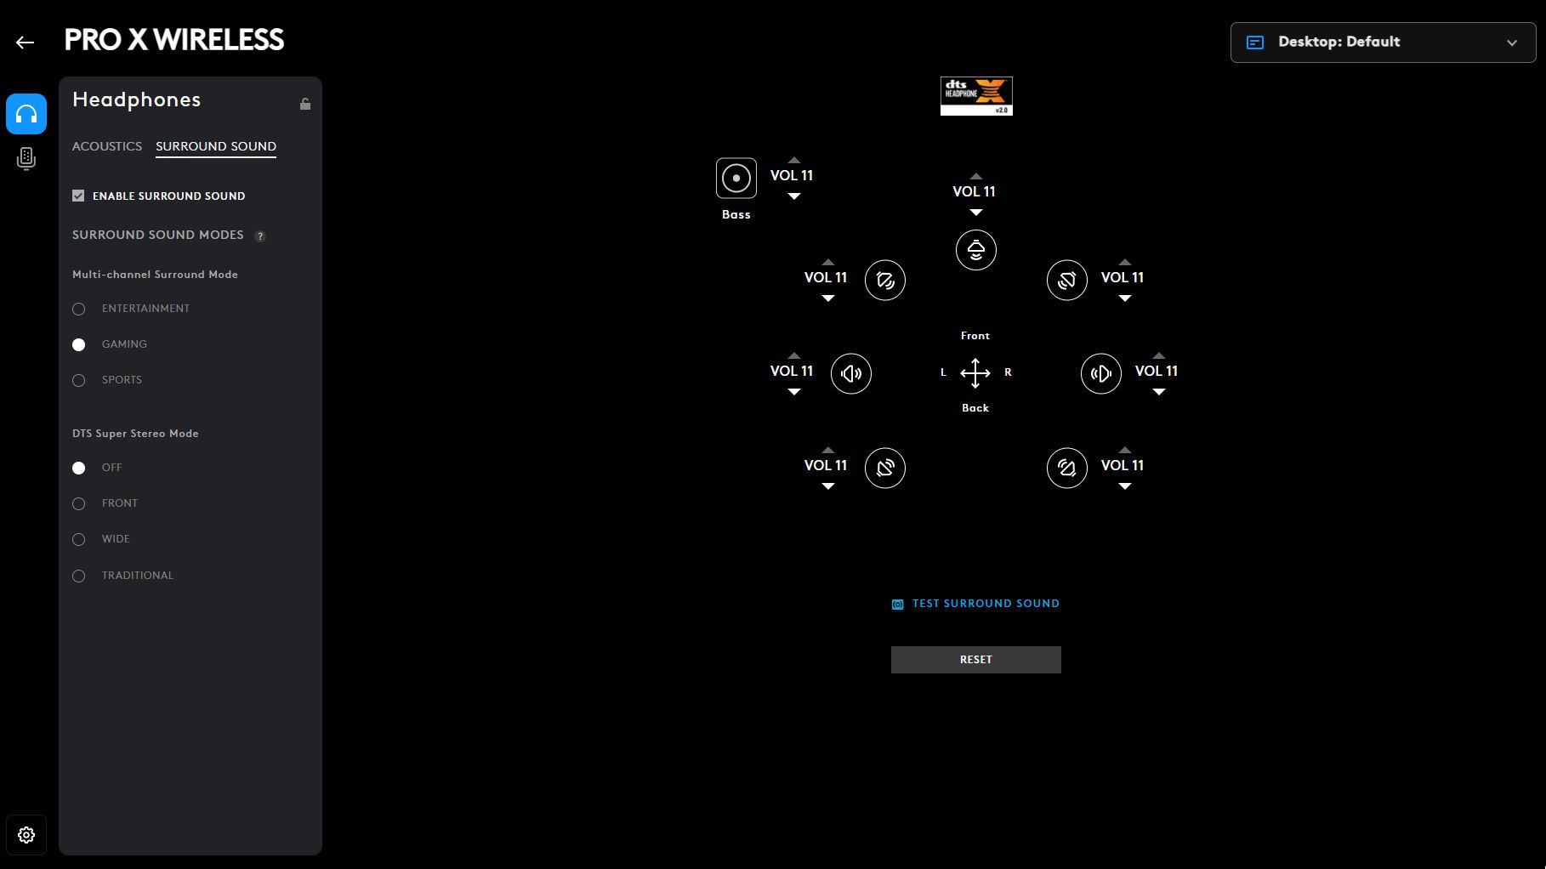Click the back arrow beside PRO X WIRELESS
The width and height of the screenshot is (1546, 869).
click(25, 43)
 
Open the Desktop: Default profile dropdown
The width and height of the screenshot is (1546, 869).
click(1383, 43)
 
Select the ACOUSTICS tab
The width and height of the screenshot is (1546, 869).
click(107, 146)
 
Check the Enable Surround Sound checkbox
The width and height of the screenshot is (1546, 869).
click(78, 196)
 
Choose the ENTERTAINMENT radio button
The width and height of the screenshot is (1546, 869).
click(79, 310)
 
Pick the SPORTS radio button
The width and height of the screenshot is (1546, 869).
click(79, 381)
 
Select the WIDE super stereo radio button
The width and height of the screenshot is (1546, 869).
click(79, 540)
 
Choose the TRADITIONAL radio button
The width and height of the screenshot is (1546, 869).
click(79, 576)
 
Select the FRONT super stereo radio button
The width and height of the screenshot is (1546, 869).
click(79, 504)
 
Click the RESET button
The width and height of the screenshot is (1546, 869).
click(975, 660)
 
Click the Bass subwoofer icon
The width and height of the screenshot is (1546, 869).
click(736, 179)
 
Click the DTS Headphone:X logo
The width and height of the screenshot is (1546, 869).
click(976, 96)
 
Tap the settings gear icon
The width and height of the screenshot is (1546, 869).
click(26, 835)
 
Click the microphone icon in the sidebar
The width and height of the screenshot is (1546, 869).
click(26, 159)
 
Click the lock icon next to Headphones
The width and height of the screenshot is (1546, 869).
click(305, 104)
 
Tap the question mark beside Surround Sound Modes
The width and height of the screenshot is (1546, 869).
click(260, 236)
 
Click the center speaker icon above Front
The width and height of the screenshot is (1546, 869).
click(976, 250)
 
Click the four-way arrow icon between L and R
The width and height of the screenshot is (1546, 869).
click(975, 372)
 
